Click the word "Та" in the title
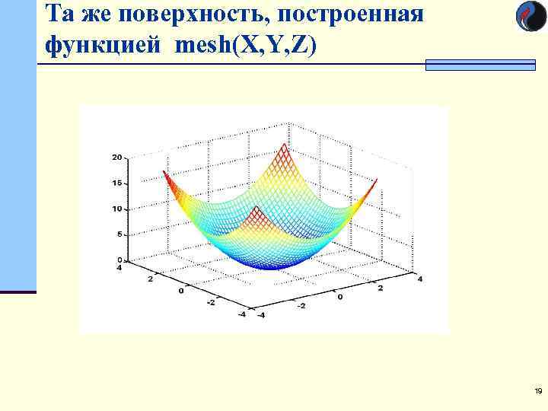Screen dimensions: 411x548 pyautogui.click(x=59, y=15)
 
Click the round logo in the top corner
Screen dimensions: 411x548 pyautogui.click(x=531, y=17)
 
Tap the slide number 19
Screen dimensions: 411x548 pyautogui.click(x=538, y=391)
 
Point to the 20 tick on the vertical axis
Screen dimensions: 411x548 pyautogui.click(x=117, y=158)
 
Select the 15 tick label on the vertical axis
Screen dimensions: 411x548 pyautogui.click(x=117, y=183)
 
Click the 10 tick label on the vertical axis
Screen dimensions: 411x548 pyautogui.click(x=117, y=209)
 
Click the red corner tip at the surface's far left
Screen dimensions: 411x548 pyautogui.click(x=165, y=174)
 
